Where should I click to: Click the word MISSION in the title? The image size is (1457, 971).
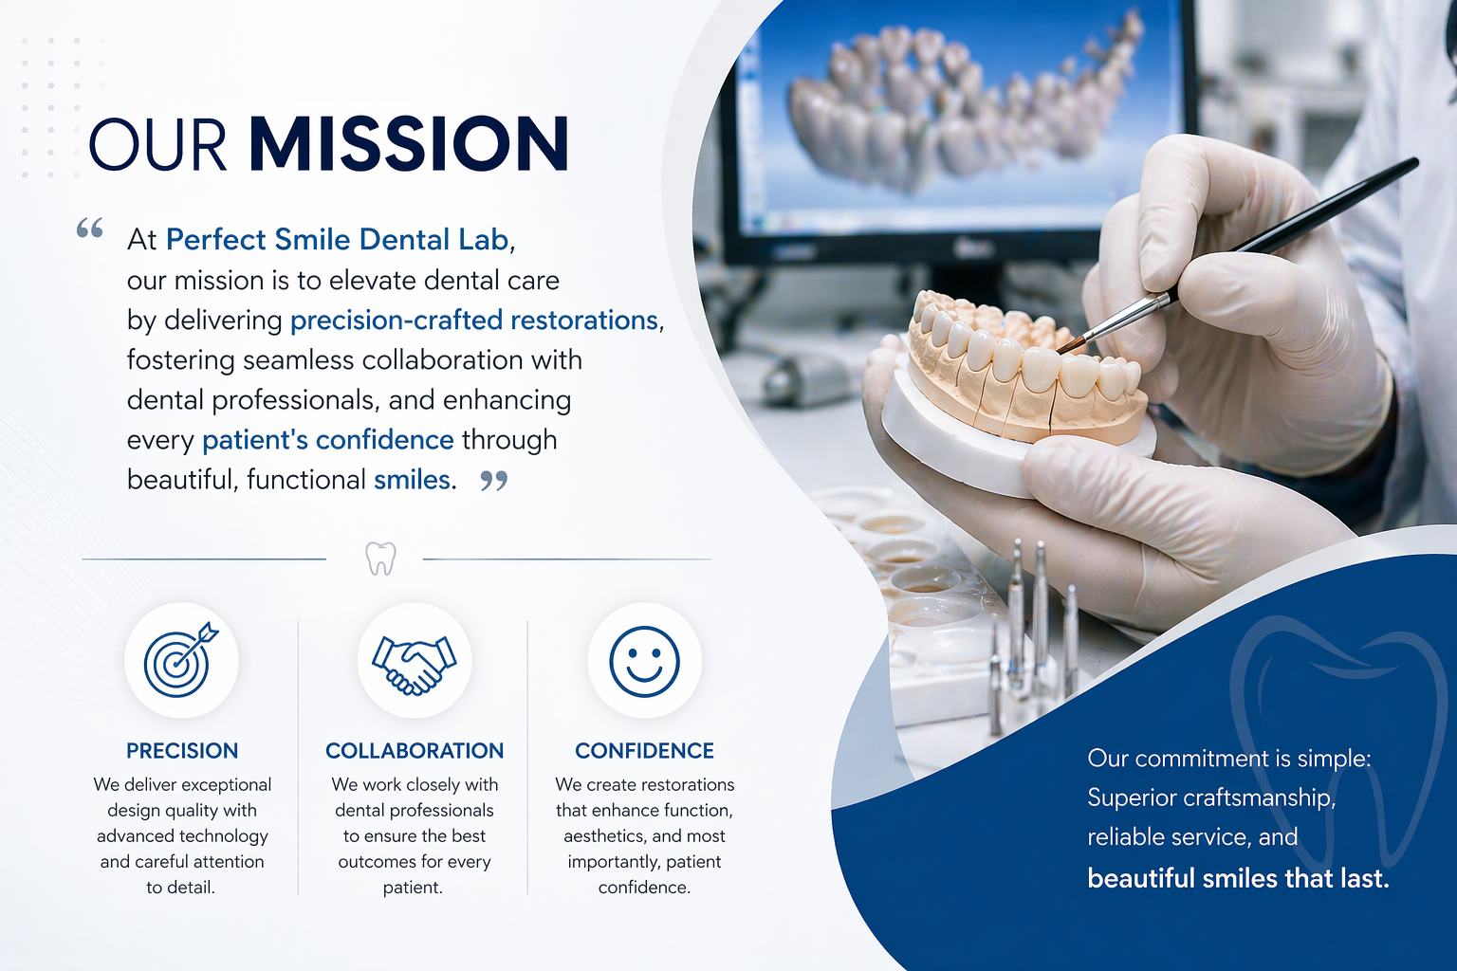(409, 144)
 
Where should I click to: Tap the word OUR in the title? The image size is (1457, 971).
(157, 144)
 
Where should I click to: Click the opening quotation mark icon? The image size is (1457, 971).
(90, 229)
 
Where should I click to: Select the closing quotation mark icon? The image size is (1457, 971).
(493, 481)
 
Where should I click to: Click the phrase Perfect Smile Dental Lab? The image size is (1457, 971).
(337, 239)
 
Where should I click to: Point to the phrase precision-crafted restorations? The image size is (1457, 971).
(474, 320)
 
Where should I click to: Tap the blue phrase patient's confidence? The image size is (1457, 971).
(328, 440)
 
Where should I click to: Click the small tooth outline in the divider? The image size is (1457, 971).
(380, 559)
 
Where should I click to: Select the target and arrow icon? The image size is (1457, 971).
(181, 659)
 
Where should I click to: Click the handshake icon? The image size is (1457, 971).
(415, 665)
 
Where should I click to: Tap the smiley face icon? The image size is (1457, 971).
(644, 662)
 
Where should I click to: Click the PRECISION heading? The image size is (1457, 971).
(182, 750)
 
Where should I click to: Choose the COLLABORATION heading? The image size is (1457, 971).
(415, 750)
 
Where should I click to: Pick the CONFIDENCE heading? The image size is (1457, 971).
(645, 750)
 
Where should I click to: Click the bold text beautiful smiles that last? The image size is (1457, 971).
(1239, 879)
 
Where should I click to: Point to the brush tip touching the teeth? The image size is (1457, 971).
(1059, 350)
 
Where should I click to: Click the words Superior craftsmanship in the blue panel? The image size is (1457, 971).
(1211, 797)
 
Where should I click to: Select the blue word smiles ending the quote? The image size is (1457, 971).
(412, 480)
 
